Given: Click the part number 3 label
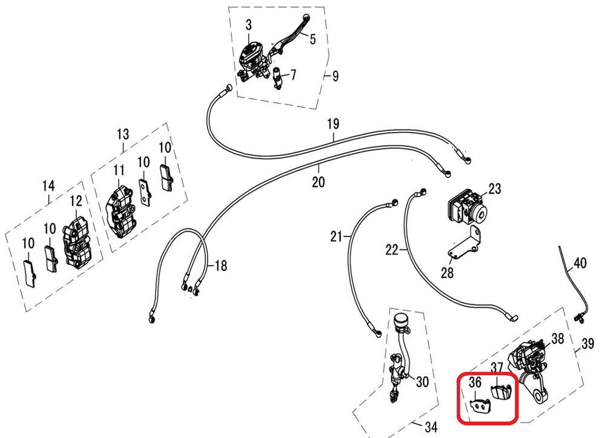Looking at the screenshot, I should coord(248,25).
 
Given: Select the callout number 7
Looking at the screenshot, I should coord(293,75).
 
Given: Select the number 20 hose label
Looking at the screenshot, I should coord(319,181).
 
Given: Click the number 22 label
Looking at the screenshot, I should coord(392,249).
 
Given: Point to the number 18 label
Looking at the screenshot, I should coord(221,266).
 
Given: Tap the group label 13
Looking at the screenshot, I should coord(123,133).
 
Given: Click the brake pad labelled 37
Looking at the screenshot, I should coord(500,391).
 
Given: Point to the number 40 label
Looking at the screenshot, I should coord(580,263).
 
